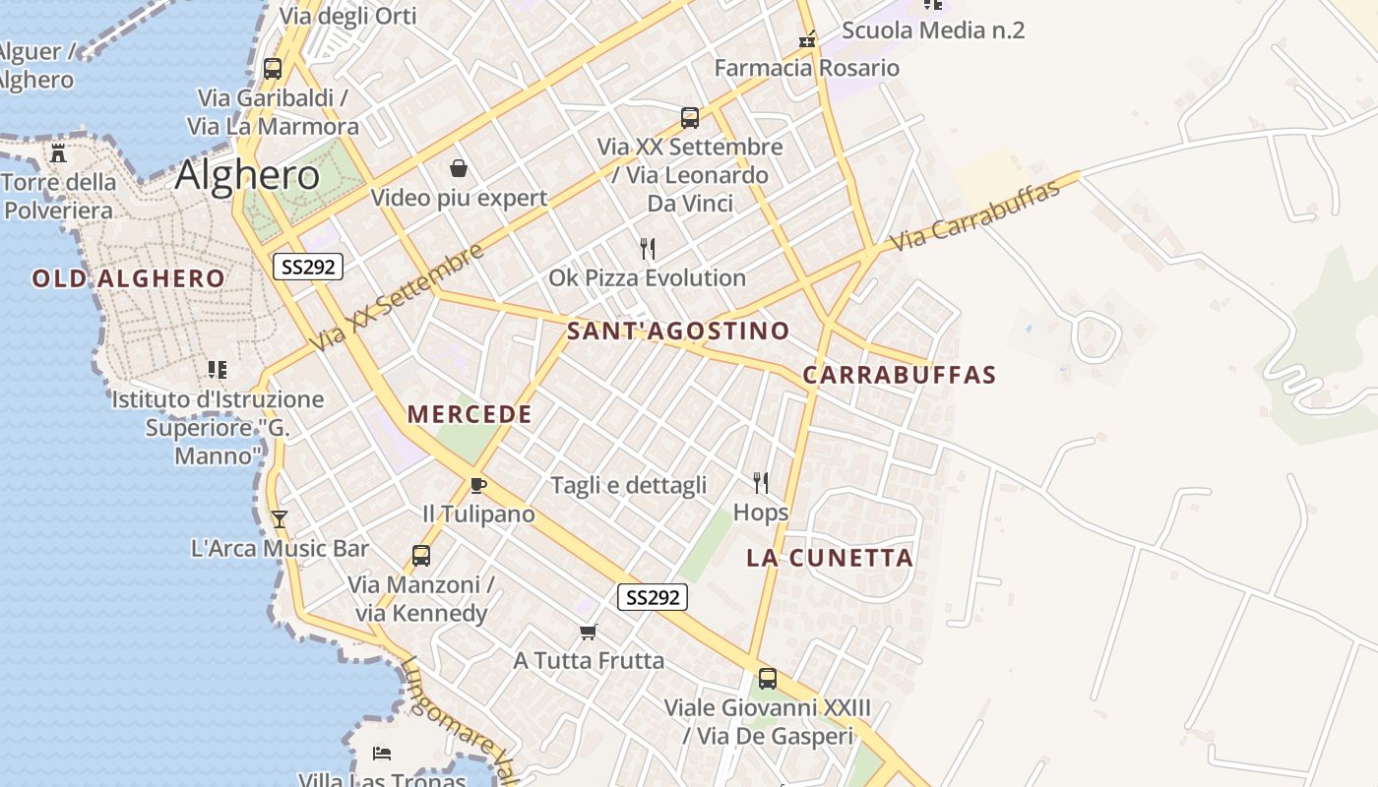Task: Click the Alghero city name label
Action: coord(247,175)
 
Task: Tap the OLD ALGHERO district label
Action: coord(129,278)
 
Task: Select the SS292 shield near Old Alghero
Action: coord(308,266)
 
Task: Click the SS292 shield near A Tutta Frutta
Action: coord(653,596)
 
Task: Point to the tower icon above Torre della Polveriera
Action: coord(58,153)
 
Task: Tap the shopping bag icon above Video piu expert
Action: coord(458,168)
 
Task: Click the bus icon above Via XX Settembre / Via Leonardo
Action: coord(690,118)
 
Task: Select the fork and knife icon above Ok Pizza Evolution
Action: coord(647,248)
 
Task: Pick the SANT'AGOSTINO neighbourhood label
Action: coord(678,331)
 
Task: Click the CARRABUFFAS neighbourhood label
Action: coord(900,375)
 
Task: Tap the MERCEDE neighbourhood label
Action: coord(470,414)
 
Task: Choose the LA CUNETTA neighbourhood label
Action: coord(830,558)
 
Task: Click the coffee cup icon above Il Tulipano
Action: coord(478,485)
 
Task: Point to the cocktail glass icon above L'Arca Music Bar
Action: coord(280,518)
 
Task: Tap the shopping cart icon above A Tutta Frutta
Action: coord(589,632)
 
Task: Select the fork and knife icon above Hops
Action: coord(760,482)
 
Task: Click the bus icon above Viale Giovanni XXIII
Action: coord(767,678)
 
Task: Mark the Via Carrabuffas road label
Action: coord(975,214)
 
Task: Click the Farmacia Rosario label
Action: coord(806,68)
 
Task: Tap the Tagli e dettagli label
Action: coord(629,485)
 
